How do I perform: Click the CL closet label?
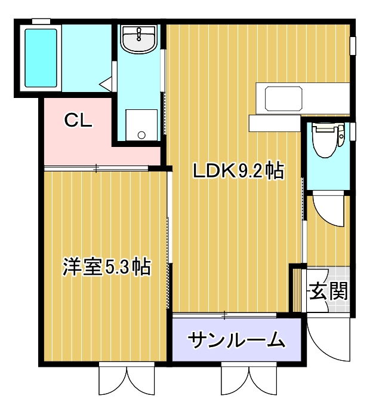[78, 121]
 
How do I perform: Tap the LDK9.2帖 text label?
[237, 171]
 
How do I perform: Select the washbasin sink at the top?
[138, 39]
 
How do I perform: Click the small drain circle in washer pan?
[141, 135]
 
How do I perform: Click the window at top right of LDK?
[353, 45]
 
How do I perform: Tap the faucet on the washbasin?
[138, 32]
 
